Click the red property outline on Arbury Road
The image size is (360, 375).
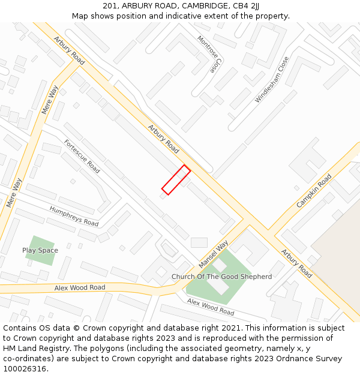(x=176, y=180)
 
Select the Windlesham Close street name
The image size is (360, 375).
(x=272, y=79)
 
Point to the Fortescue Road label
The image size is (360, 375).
(x=82, y=156)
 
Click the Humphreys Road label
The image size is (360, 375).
(x=74, y=216)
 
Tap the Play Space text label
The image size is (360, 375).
(x=40, y=250)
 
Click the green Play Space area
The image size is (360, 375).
(x=40, y=258)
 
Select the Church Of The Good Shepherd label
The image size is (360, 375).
(x=221, y=277)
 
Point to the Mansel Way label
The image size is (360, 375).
(x=214, y=254)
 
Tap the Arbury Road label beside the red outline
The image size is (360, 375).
(x=163, y=138)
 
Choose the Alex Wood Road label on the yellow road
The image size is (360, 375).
(x=80, y=288)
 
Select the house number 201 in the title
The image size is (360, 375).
(x=110, y=6)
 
